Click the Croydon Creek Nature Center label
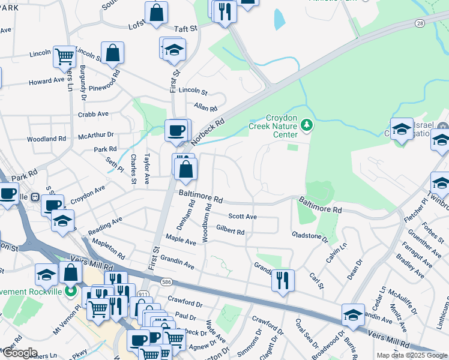click(x=273, y=126)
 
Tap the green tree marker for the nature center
click(x=307, y=124)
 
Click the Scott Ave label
click(x=243, y=217)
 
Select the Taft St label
click(x=186, y=28)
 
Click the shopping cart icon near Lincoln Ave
click(x=64, y=56)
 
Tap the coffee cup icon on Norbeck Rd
click(x=176, y=130)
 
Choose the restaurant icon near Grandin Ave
click(x=282, y=279)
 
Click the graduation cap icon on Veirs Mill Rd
click(x=353, y=314)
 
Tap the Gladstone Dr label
click(x=310, y=237)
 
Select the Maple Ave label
click(x=181, y=241)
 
